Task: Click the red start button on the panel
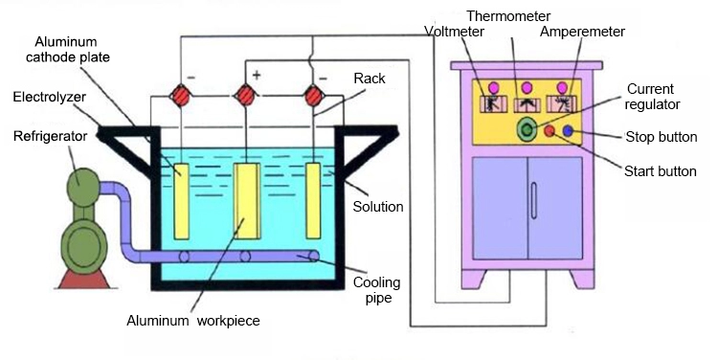click(x=550, y=131)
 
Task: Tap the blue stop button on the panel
click(x=568, y=131)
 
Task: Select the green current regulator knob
click(x=527, y=129)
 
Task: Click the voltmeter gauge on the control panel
click(x=493, y=104)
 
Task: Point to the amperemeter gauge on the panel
click(x=562, y=104)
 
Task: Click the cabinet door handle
click(x=533, y=201)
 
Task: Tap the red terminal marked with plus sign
click(x=246, y=96)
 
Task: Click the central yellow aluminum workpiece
click(x=247, y=201)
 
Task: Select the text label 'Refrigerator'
click(x=50, y=137)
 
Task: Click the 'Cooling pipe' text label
click(x=376, y=290)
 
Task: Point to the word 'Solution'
click(x=378, y=207)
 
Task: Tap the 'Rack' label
click(x=370, y=79)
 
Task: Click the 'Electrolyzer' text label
click(x=49, y=97)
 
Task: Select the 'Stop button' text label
click(x=662, y=137)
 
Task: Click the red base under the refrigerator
click(x=83, y=279)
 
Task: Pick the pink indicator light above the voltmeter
click(x=493, y=87)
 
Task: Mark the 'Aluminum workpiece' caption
click(x=193, y=321)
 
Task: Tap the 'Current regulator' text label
click(x=652, y=97)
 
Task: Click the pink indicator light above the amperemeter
click(x=562, y=87)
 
